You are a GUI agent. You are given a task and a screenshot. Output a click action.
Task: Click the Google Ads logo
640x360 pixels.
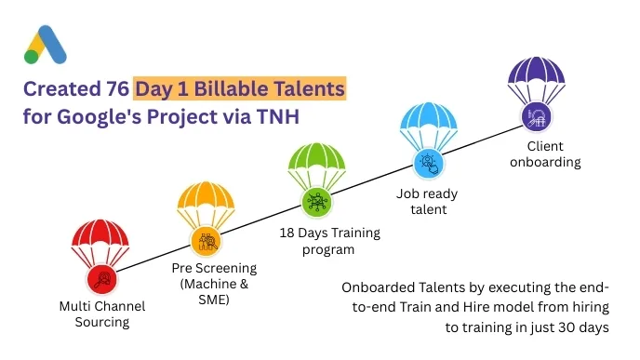pos(46,44)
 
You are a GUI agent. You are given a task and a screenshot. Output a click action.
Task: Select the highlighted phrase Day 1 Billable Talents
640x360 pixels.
pos(240,90)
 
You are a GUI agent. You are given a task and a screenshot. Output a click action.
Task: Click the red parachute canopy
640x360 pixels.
pos(100,239)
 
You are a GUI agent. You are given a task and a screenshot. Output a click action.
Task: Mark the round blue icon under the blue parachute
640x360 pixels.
pos(428,161)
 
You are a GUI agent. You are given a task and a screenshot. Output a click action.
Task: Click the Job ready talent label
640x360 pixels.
pos(428,201)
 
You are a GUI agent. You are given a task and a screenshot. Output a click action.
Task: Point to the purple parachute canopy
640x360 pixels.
pos(537,75)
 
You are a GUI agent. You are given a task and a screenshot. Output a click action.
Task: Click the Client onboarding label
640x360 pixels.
pos(553,154)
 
